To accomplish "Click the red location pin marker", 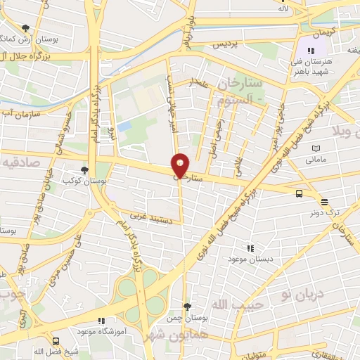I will click(180, 165).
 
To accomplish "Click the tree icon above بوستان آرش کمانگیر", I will click(26, 28).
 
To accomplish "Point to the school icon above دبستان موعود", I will click(250, 247).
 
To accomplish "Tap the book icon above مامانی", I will click(316, 149).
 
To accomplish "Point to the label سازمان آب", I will click(15, 113).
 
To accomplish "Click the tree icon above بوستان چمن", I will click(186, 306).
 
